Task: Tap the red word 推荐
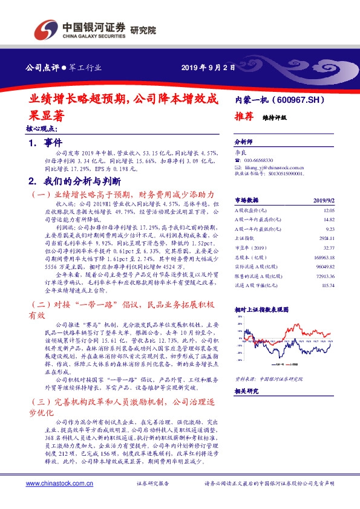point(243,118)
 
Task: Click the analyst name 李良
point(241,151)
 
